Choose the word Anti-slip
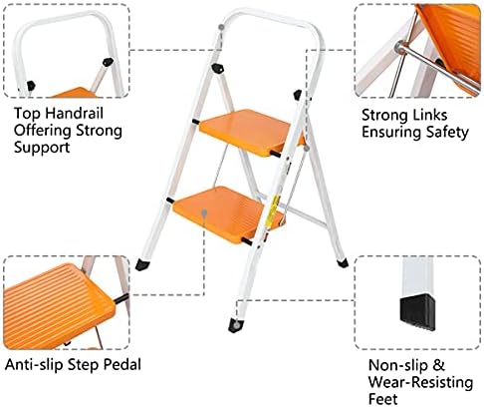(34, 364)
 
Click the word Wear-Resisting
(418, 381)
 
